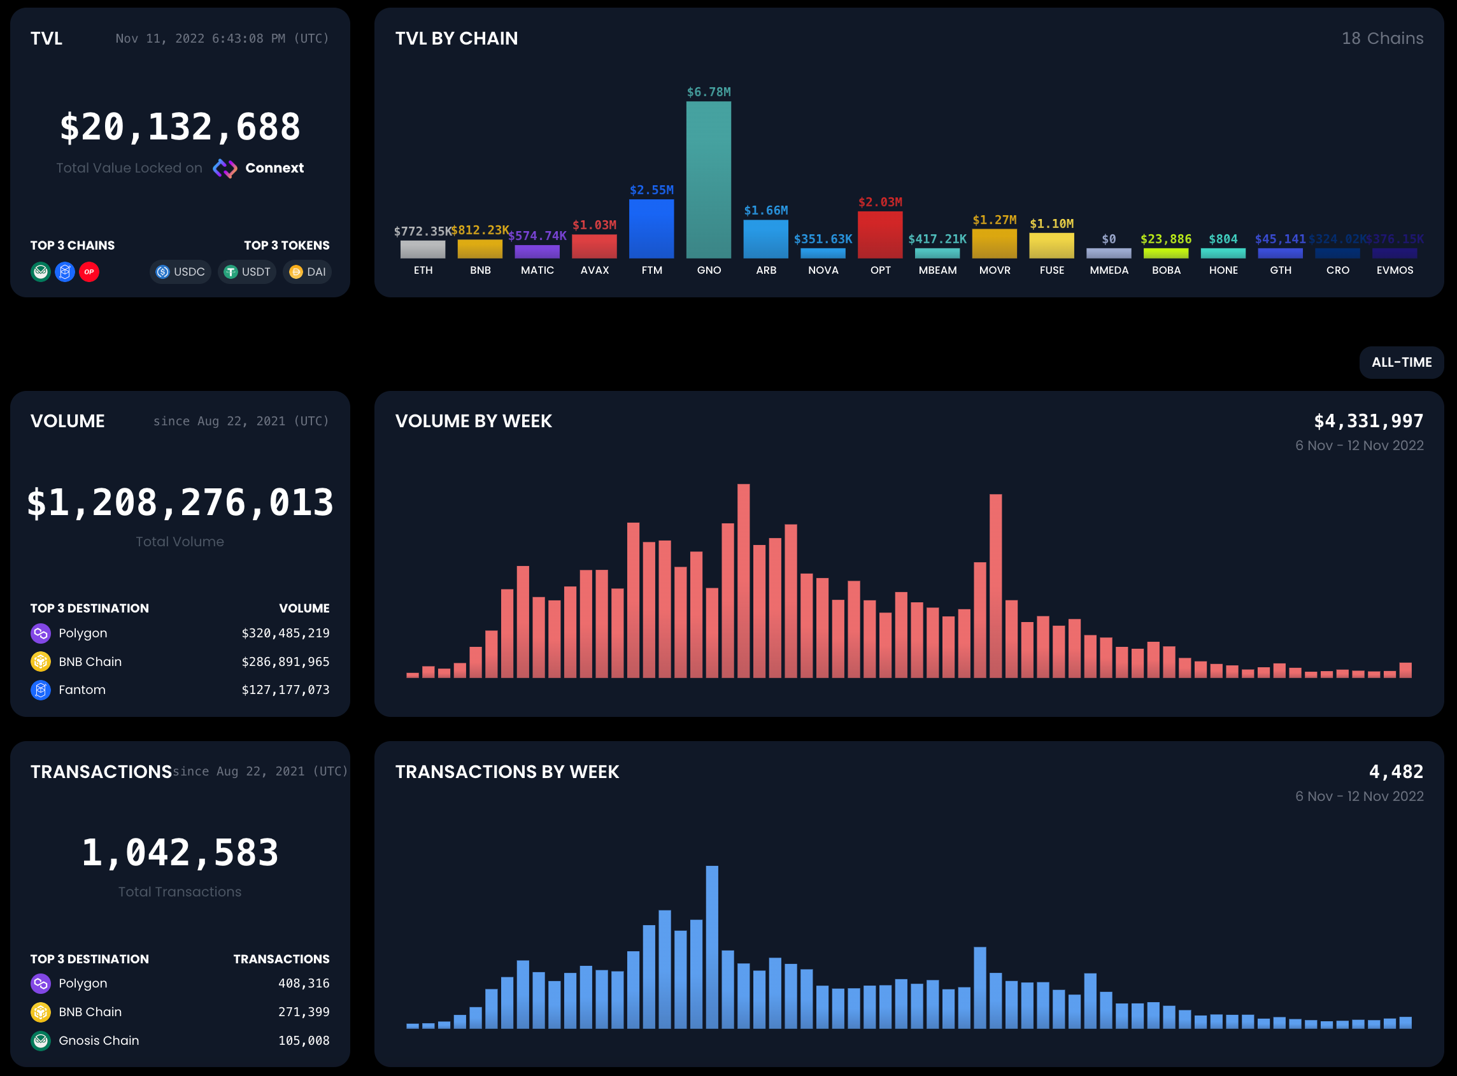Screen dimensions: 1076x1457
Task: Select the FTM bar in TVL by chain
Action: pyautogui.click(x=651, y=229)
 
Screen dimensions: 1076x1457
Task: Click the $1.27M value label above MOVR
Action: pyautogui.click(x=994, y=220)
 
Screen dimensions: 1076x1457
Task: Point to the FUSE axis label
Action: pyautogui.click(x=1051, y=271)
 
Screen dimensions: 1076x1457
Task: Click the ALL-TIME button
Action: pyautogui.click(x=1401, y=362)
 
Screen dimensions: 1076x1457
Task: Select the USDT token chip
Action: pyautogui.click(x=248, y=272)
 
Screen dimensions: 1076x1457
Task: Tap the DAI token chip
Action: pyautogui.click(x=308, y=272)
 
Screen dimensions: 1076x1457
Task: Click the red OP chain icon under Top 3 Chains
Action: pyautogui.click(x=89, y=272)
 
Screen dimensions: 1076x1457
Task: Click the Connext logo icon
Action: pyautogui.click(x=225, y=168)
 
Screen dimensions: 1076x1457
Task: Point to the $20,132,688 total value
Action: pyautogui.click(x=180, y=127)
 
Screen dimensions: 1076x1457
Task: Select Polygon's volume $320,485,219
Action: pyautogui.click(x=285, y=633)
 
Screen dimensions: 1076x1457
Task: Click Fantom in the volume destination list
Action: pyautogui.click(x=82, y=690)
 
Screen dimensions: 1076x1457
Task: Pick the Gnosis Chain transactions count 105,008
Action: pyautogui.click(x=304, y=1040)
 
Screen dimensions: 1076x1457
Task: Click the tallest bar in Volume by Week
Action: pyautogui.click(x=743, y=579)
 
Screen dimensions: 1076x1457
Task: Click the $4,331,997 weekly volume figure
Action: pyautogui.click(x=1368, y=421)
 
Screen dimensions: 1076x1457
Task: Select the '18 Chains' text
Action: pyautogui.click(x=1382, y=38)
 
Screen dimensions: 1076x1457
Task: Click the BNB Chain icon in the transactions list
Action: pyautogui.click(x=40, y=1012)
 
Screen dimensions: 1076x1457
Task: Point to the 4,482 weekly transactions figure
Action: pyautogui.click(x=1395, y=772)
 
